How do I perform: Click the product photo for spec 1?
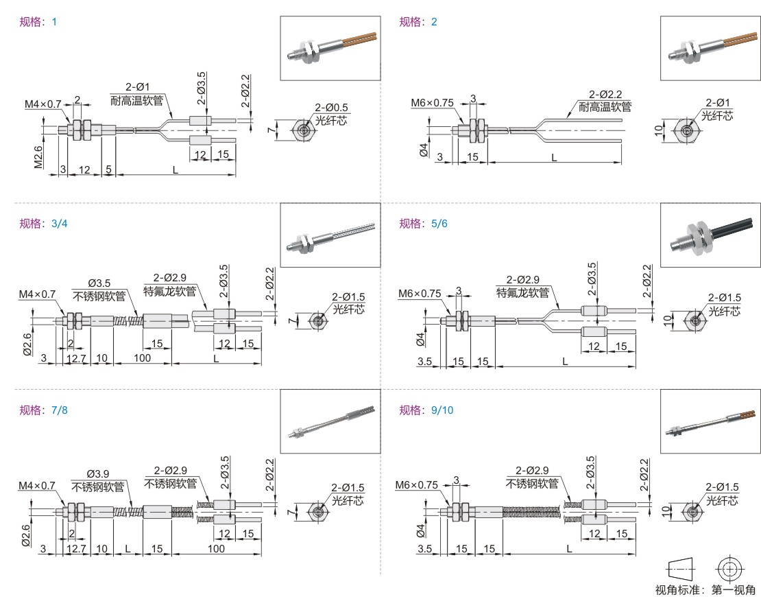[x=330, y=48]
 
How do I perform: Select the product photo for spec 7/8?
[x=330, y=421]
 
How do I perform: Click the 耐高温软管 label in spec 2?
[x=605, y=107]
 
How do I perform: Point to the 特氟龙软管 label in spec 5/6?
[x=523, y=293]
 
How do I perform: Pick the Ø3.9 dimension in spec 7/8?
[x=100, y=475]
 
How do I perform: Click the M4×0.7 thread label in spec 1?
[x=43, y=104]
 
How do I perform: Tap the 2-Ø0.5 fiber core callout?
[x=332, y=108]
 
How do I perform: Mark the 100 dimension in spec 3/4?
[x=143, y=358]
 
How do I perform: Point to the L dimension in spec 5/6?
[x=565, y=360]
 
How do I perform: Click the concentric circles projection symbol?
[x=729, y=569]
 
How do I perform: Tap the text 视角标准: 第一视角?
[x=705, y=589]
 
